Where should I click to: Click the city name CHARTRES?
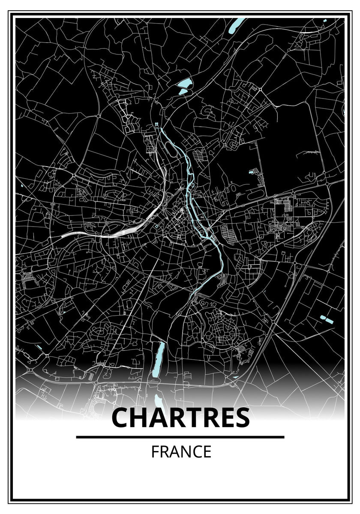pyautogui.click(x=180, y=418)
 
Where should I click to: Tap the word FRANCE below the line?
pyautogui.click(x=181, y=452)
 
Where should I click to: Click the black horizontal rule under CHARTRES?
pyautogui.click(x=180, y=437)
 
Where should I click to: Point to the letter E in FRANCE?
pyautogui.click(x=207, y=452)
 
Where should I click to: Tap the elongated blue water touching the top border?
pyautogui.click(x=237, y=26)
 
